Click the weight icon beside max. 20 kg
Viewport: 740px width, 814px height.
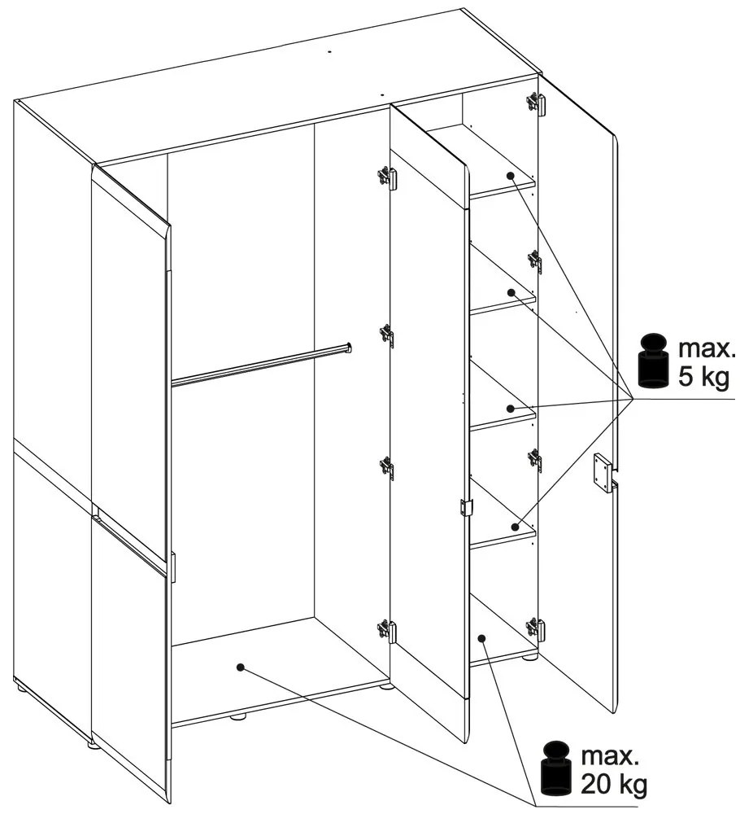555,769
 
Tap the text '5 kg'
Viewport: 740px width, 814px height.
704,378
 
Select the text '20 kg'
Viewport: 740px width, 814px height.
614,785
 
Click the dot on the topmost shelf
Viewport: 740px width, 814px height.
510,176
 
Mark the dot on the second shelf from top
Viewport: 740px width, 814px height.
511,292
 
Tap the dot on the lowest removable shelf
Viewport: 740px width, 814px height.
515,527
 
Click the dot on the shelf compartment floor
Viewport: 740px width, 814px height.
481,637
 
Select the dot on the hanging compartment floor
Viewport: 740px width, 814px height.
240,667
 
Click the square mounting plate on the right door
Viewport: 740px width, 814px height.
603,472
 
